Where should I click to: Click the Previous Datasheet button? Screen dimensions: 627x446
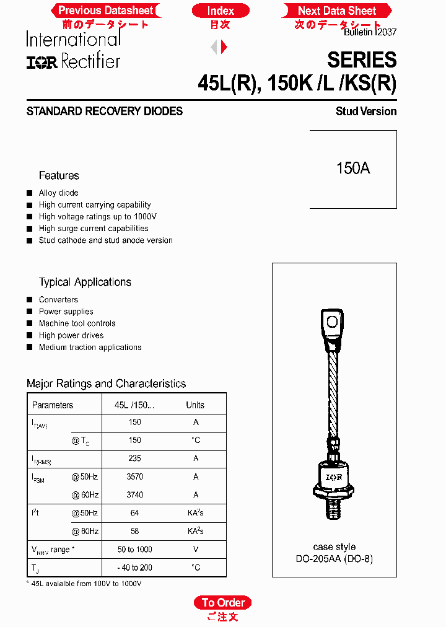105,11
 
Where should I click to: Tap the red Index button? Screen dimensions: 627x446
221,11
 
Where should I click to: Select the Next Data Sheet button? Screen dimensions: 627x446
337,11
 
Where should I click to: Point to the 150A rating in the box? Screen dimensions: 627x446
353,169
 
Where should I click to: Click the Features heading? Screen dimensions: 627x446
59,175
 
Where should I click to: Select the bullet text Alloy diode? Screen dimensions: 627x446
59,193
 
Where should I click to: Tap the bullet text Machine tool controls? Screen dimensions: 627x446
77,323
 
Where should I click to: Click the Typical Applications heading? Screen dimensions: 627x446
85,282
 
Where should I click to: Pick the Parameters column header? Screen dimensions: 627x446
53,405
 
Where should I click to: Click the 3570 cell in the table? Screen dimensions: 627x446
135,476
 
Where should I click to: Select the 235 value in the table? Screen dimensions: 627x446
135,458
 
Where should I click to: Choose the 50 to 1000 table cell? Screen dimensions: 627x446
135,550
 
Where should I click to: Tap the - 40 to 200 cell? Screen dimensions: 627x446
135,568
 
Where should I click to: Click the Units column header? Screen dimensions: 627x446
195,405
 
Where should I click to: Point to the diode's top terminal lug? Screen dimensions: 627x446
333,322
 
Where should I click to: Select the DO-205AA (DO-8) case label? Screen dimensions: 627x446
334,559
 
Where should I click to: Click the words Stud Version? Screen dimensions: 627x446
366,112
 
